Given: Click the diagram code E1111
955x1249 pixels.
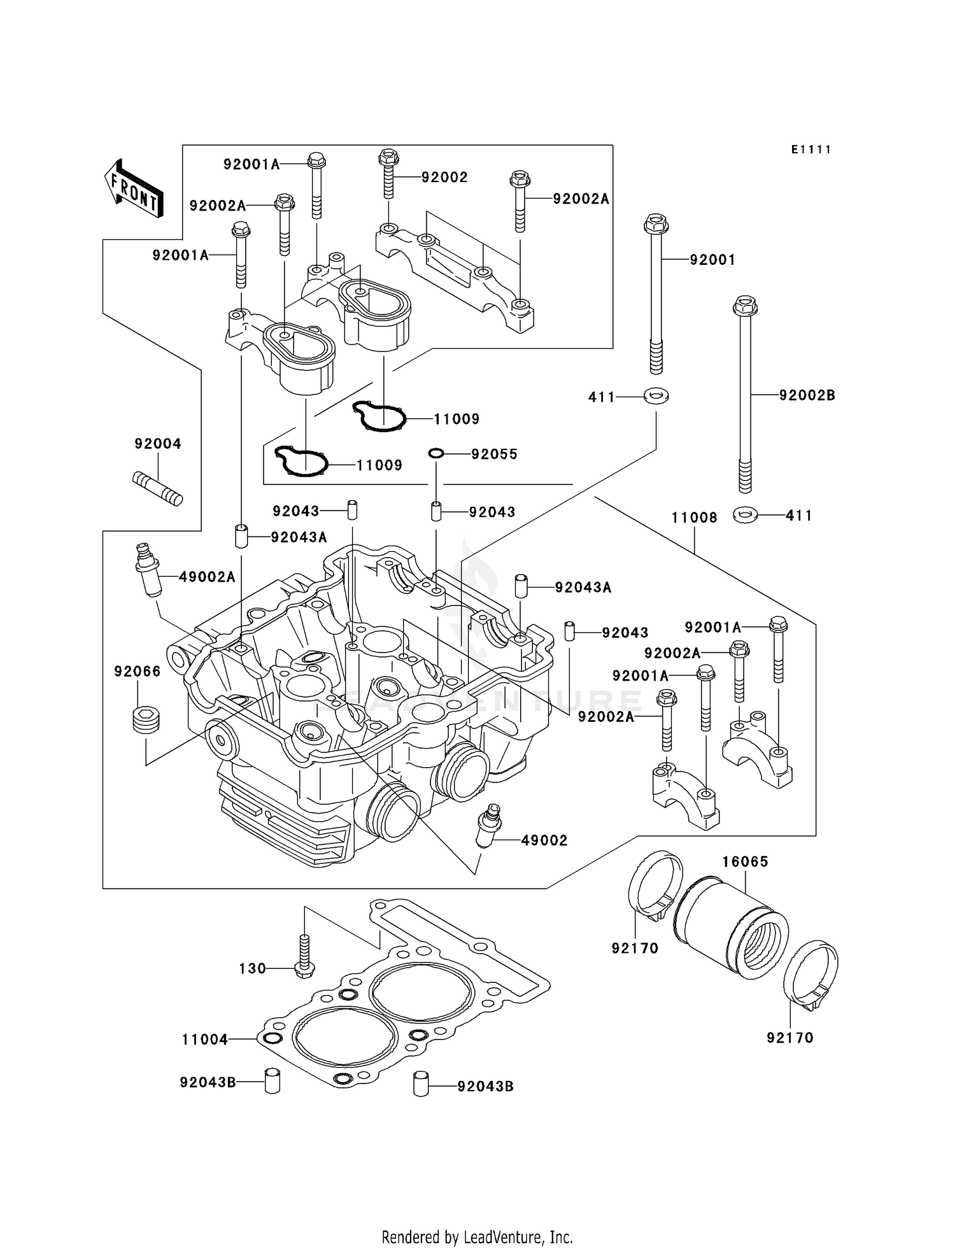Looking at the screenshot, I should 811,150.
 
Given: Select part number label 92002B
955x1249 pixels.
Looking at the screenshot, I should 807,395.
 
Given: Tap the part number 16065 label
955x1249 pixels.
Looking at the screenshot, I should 745,861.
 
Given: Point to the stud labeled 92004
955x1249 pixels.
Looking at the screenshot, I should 157,488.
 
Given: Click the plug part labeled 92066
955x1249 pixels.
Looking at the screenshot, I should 146,720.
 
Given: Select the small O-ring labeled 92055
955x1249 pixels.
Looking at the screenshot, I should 435,453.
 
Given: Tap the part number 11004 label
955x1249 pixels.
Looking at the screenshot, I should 204,1040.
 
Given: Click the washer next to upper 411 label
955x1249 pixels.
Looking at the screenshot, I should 656,396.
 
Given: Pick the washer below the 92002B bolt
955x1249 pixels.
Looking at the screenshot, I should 745,514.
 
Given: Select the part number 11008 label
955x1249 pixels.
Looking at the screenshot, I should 694,518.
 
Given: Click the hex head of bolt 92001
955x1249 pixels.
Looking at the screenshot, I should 656,224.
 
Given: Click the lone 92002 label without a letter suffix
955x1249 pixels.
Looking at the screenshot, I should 444,178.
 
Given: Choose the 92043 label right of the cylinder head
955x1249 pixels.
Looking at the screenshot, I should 625,632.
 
